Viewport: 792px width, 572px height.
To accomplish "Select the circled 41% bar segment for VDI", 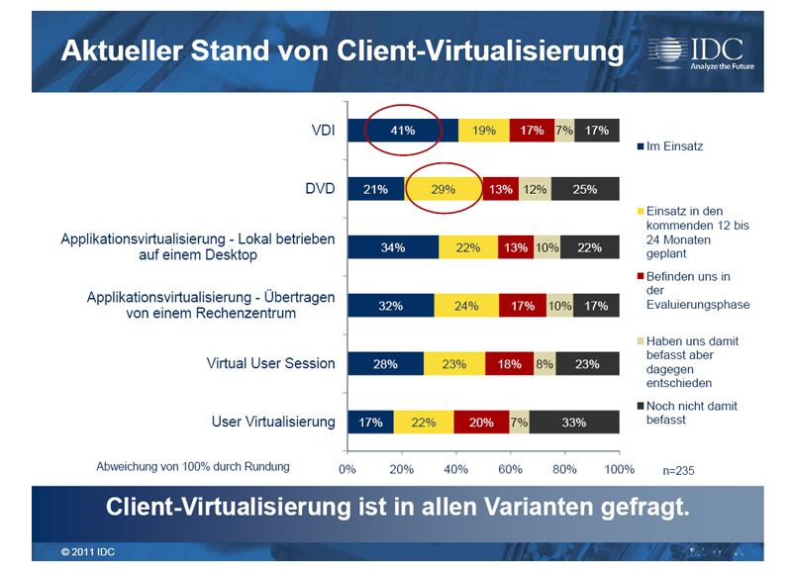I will pos(402,130).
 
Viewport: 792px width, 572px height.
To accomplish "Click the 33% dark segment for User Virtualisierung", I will pos(574,423).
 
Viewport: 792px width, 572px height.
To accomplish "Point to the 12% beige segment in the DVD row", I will pos(535,189).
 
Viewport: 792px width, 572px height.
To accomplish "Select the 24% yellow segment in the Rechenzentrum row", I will pos(466,306).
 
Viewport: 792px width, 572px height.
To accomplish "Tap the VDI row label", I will pos(321,129).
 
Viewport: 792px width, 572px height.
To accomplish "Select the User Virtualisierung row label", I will pos(273,422).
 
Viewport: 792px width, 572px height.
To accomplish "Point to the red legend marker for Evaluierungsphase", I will pos(640,277).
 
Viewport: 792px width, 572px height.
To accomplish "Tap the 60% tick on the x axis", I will pos(510,468).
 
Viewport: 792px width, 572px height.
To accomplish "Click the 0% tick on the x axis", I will pos(347,468).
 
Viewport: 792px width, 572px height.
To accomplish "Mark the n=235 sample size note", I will pos(678,470).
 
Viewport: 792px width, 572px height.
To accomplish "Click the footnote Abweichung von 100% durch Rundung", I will pos(193,465).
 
